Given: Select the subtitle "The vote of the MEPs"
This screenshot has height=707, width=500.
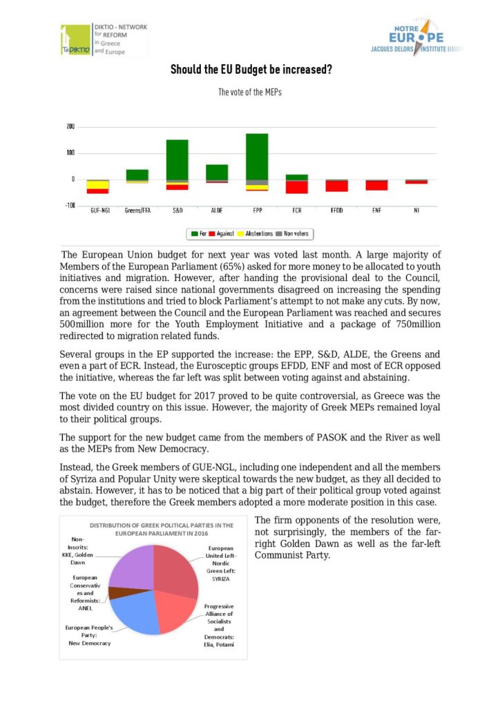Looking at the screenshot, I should [x=250, y=92].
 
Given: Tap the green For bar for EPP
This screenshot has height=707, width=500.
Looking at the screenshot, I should [x=257, y=156].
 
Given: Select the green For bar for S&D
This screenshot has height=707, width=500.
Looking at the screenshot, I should [x=177, y=159].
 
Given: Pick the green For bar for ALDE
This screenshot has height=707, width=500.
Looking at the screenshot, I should [x=217, y=172].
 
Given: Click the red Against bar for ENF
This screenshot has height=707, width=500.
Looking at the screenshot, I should [x=376, y=185].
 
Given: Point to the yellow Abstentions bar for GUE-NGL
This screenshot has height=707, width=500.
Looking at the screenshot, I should [x=97, y=184].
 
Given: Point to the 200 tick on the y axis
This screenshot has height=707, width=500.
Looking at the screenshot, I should [x=70, y=127].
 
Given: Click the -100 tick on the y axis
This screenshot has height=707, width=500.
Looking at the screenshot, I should [x=70, y=205].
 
